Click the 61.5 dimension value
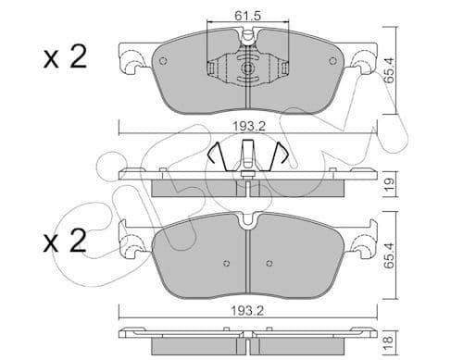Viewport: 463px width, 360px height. (x=247, y=16)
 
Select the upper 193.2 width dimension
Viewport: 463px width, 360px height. (x=249, y=126)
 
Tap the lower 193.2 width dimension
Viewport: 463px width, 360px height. (x=248, y=311)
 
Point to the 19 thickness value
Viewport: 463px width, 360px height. (x=390, y=183)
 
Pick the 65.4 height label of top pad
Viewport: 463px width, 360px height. (x=390, y=70)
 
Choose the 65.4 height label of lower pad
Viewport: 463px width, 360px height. (x=390, y=255)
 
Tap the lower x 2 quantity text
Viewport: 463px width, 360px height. (x=65, y=241)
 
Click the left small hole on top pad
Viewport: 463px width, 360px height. (x=163, y=61)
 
